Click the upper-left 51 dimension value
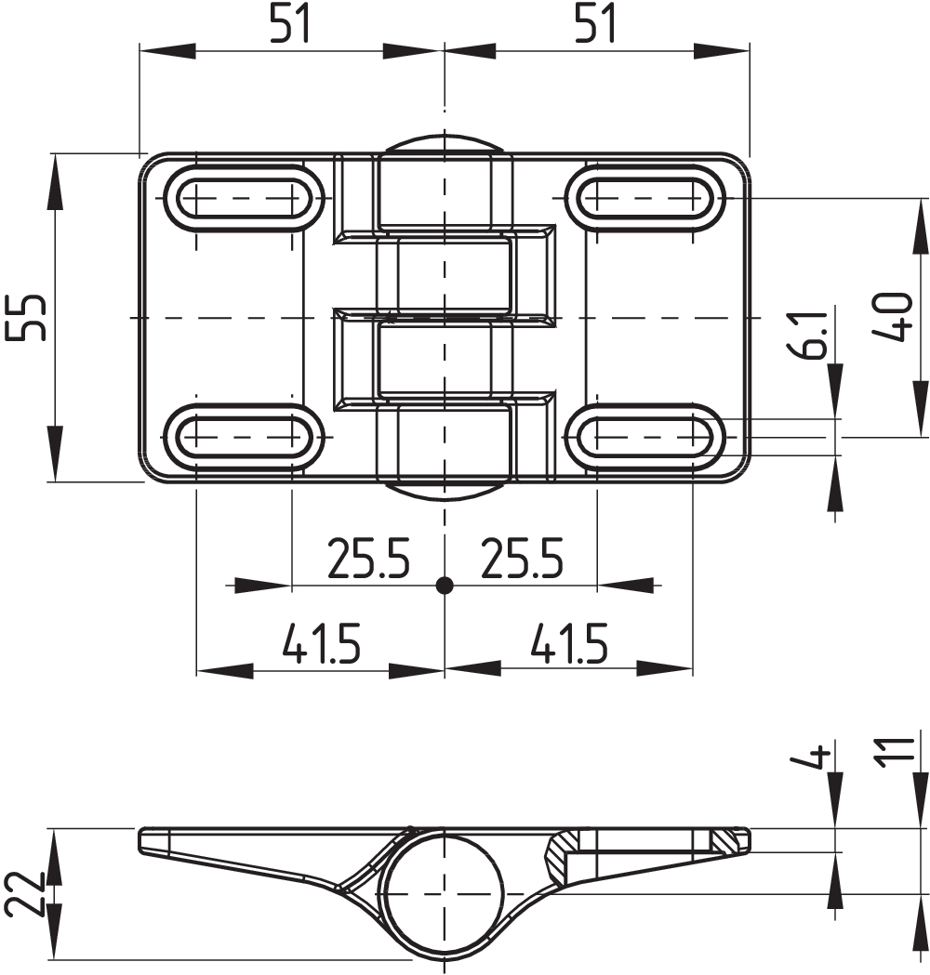pyautogui.click(x=290, y=23)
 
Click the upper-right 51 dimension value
pyautogui.click(x=594, y=23)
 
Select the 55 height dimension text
pyautogui.click(x=25, y=317)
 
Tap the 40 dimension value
pyautogui.click(x=892, y=317)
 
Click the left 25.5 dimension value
pyautogui.click(x=368, y=558)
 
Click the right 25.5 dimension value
pyautogui.click(x=522, y=558)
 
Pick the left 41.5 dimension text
pyautogui.click(x=321, y=642)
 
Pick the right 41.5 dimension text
pyautogui.click(x=568, y=642)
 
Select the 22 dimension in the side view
pyautogui.click(x=25, y=893)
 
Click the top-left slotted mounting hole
pyautogui.click(x=244, y=198)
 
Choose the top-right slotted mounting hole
pyautogui.click(x=645, y=198)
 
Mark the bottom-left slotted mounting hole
pyautogui.click(x=244, y=437)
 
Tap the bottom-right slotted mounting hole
pyautogui.click(x=645, y=437)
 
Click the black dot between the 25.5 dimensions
pyautogui.click(x=445, y=586)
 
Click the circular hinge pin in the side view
pyautogui.click(x=444, y=894)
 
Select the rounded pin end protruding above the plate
pyautogui.click(x=444, y=143)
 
